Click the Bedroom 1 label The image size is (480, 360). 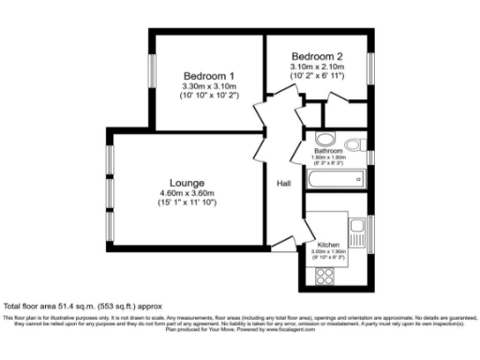point(208,76)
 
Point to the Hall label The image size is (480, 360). point(283,184)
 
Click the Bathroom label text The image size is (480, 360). point(328,150)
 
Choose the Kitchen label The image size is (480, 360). point(328,244)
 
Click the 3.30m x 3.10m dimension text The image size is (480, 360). point(208,87)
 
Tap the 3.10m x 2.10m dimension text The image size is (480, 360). point(317,67)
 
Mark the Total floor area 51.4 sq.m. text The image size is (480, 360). point(70,307)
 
